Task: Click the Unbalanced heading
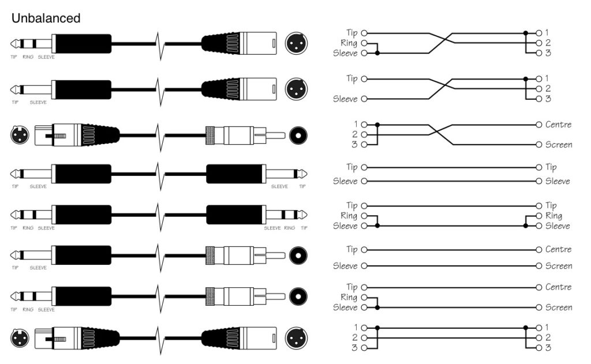click(46, 18)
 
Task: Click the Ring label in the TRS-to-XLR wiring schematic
click(350, 43)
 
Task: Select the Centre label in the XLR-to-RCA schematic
click(558, 125)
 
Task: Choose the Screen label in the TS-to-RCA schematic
click(558, 266)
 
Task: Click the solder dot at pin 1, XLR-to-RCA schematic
click(377, 125)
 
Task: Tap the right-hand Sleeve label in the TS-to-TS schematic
click(558, 181)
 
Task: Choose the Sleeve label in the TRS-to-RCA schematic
click(346, 307)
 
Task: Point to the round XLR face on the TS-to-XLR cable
click(297, 89)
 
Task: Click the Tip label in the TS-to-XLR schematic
click(351, 78)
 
